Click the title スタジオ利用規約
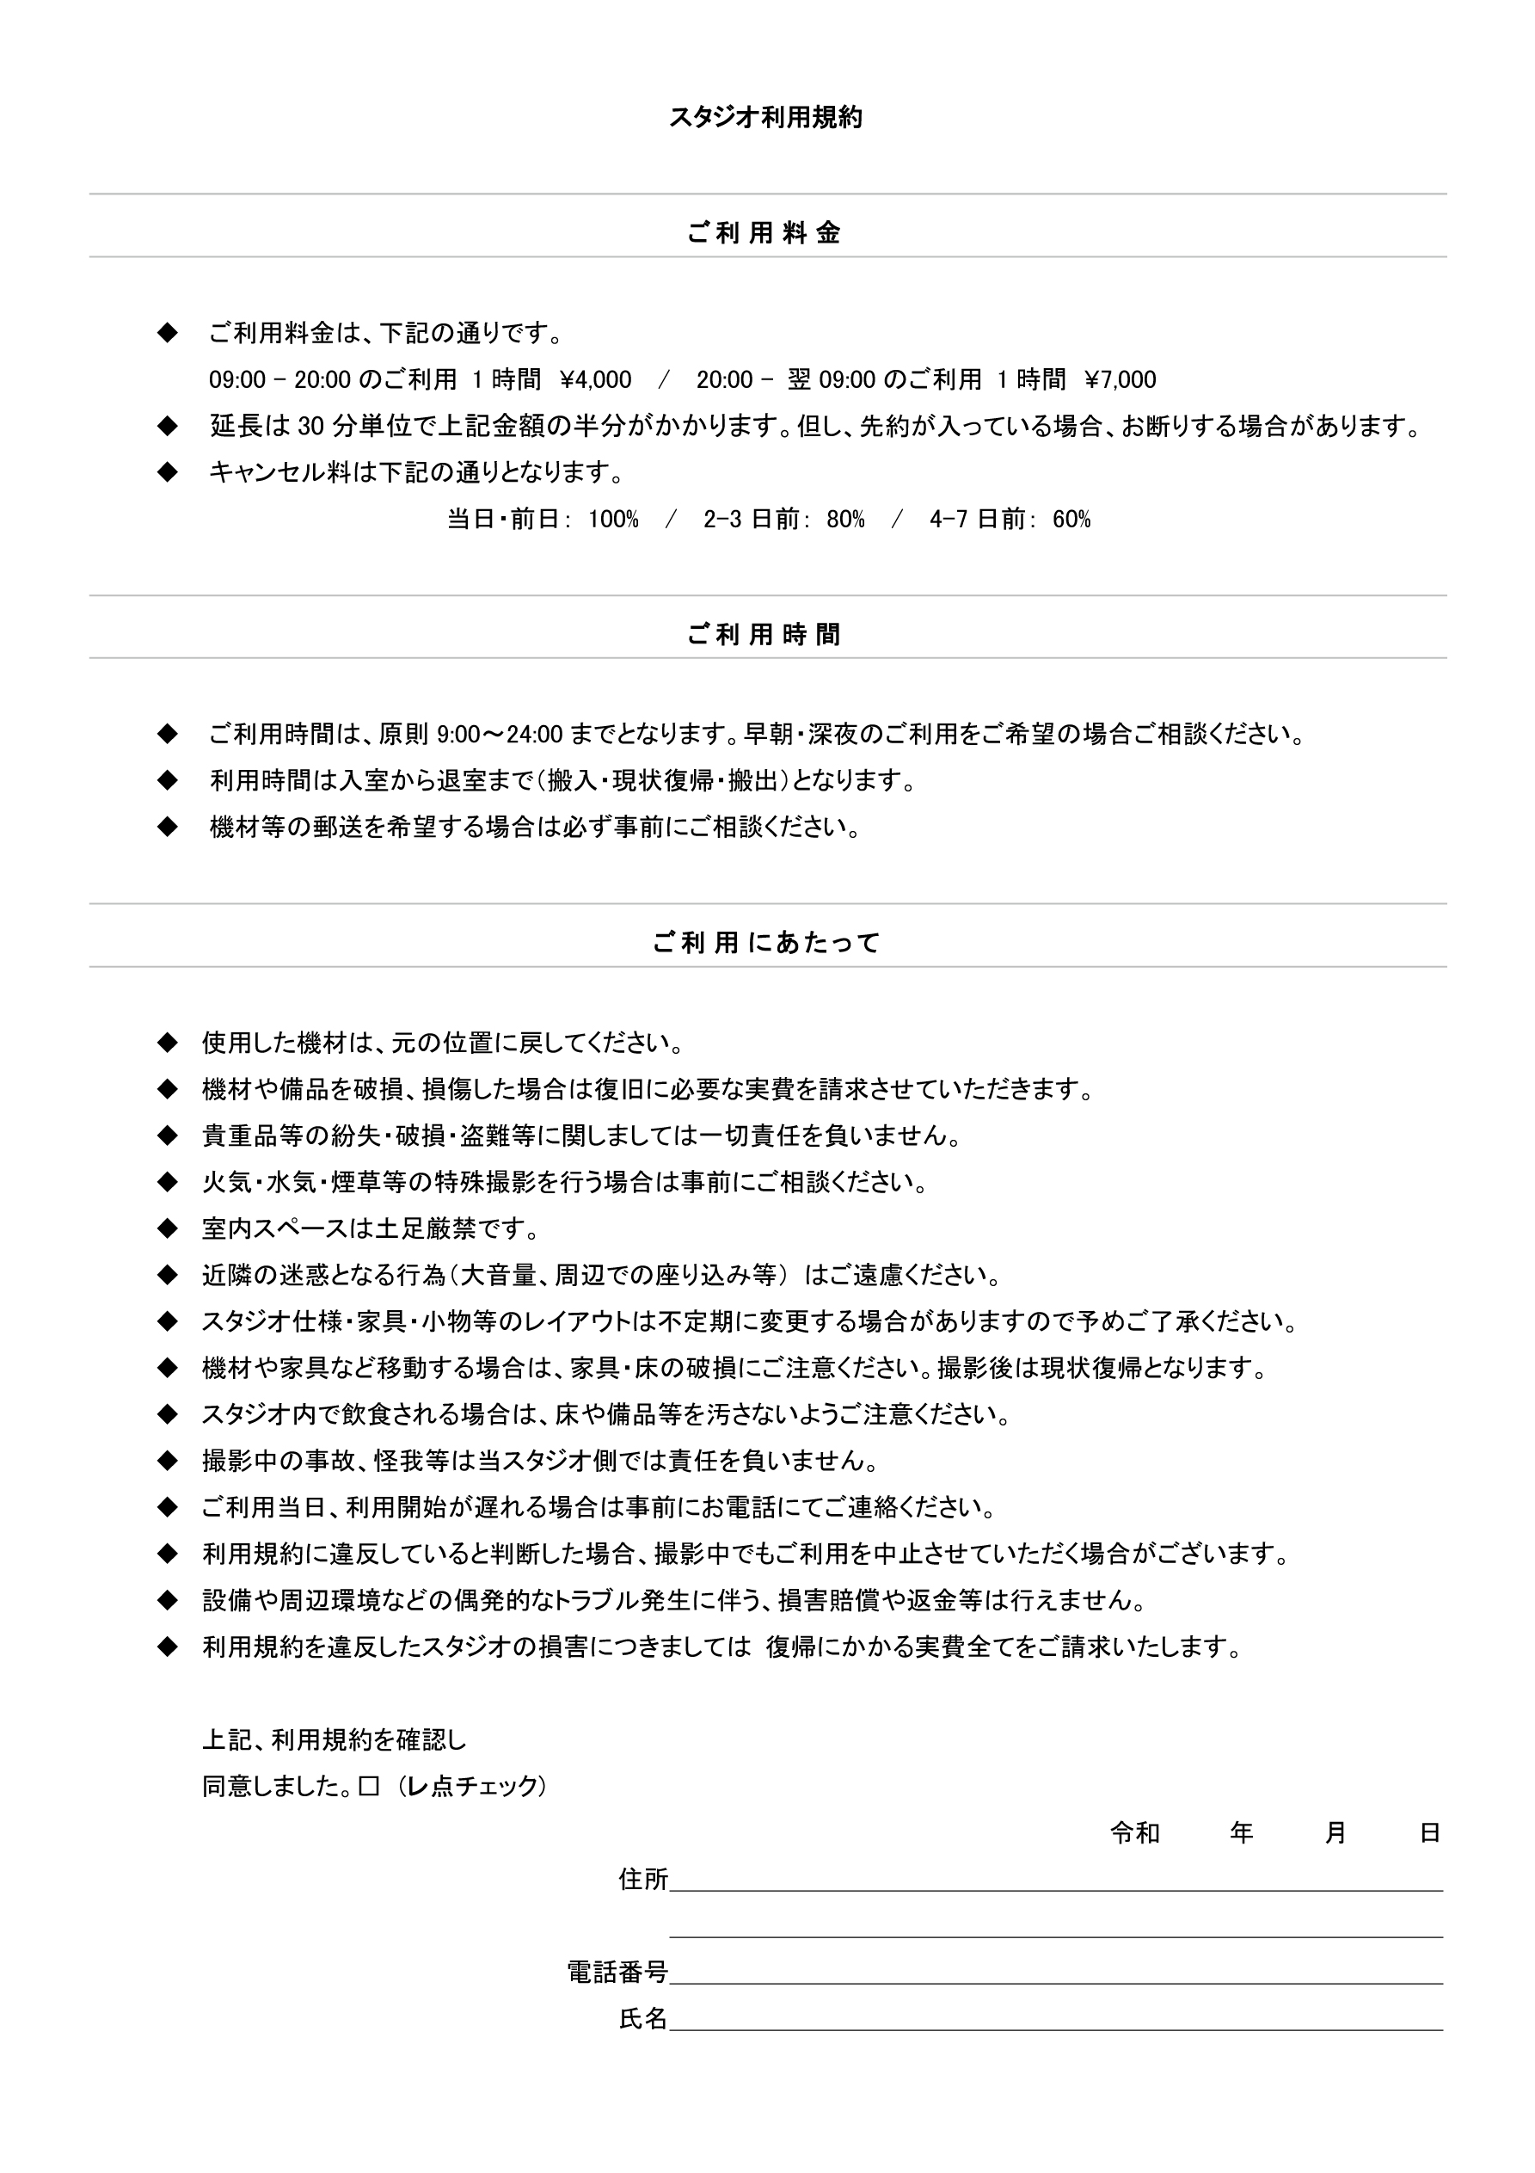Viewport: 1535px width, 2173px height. point(765,117)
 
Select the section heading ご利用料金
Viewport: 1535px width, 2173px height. point(764,233)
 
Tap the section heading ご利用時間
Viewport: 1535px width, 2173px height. point(764,634)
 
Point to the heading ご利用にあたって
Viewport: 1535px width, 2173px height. point(766,943)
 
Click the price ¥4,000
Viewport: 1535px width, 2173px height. point(596,380)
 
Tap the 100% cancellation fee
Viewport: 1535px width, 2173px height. point(613,520)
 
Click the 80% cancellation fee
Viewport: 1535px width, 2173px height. point(845,520)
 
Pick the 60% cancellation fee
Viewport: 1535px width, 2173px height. point(1071,520)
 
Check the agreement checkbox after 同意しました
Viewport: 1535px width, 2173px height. point(369,1786)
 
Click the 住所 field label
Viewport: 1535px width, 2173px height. point(643,1880)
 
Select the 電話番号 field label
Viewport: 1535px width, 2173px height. point(618,1973)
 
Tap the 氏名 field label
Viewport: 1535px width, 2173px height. point(643,2019)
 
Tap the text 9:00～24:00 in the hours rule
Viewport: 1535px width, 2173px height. point(500,735)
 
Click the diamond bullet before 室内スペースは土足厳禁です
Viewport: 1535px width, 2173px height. point(168,1229)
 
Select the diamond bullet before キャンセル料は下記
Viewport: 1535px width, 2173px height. point(168,472)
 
